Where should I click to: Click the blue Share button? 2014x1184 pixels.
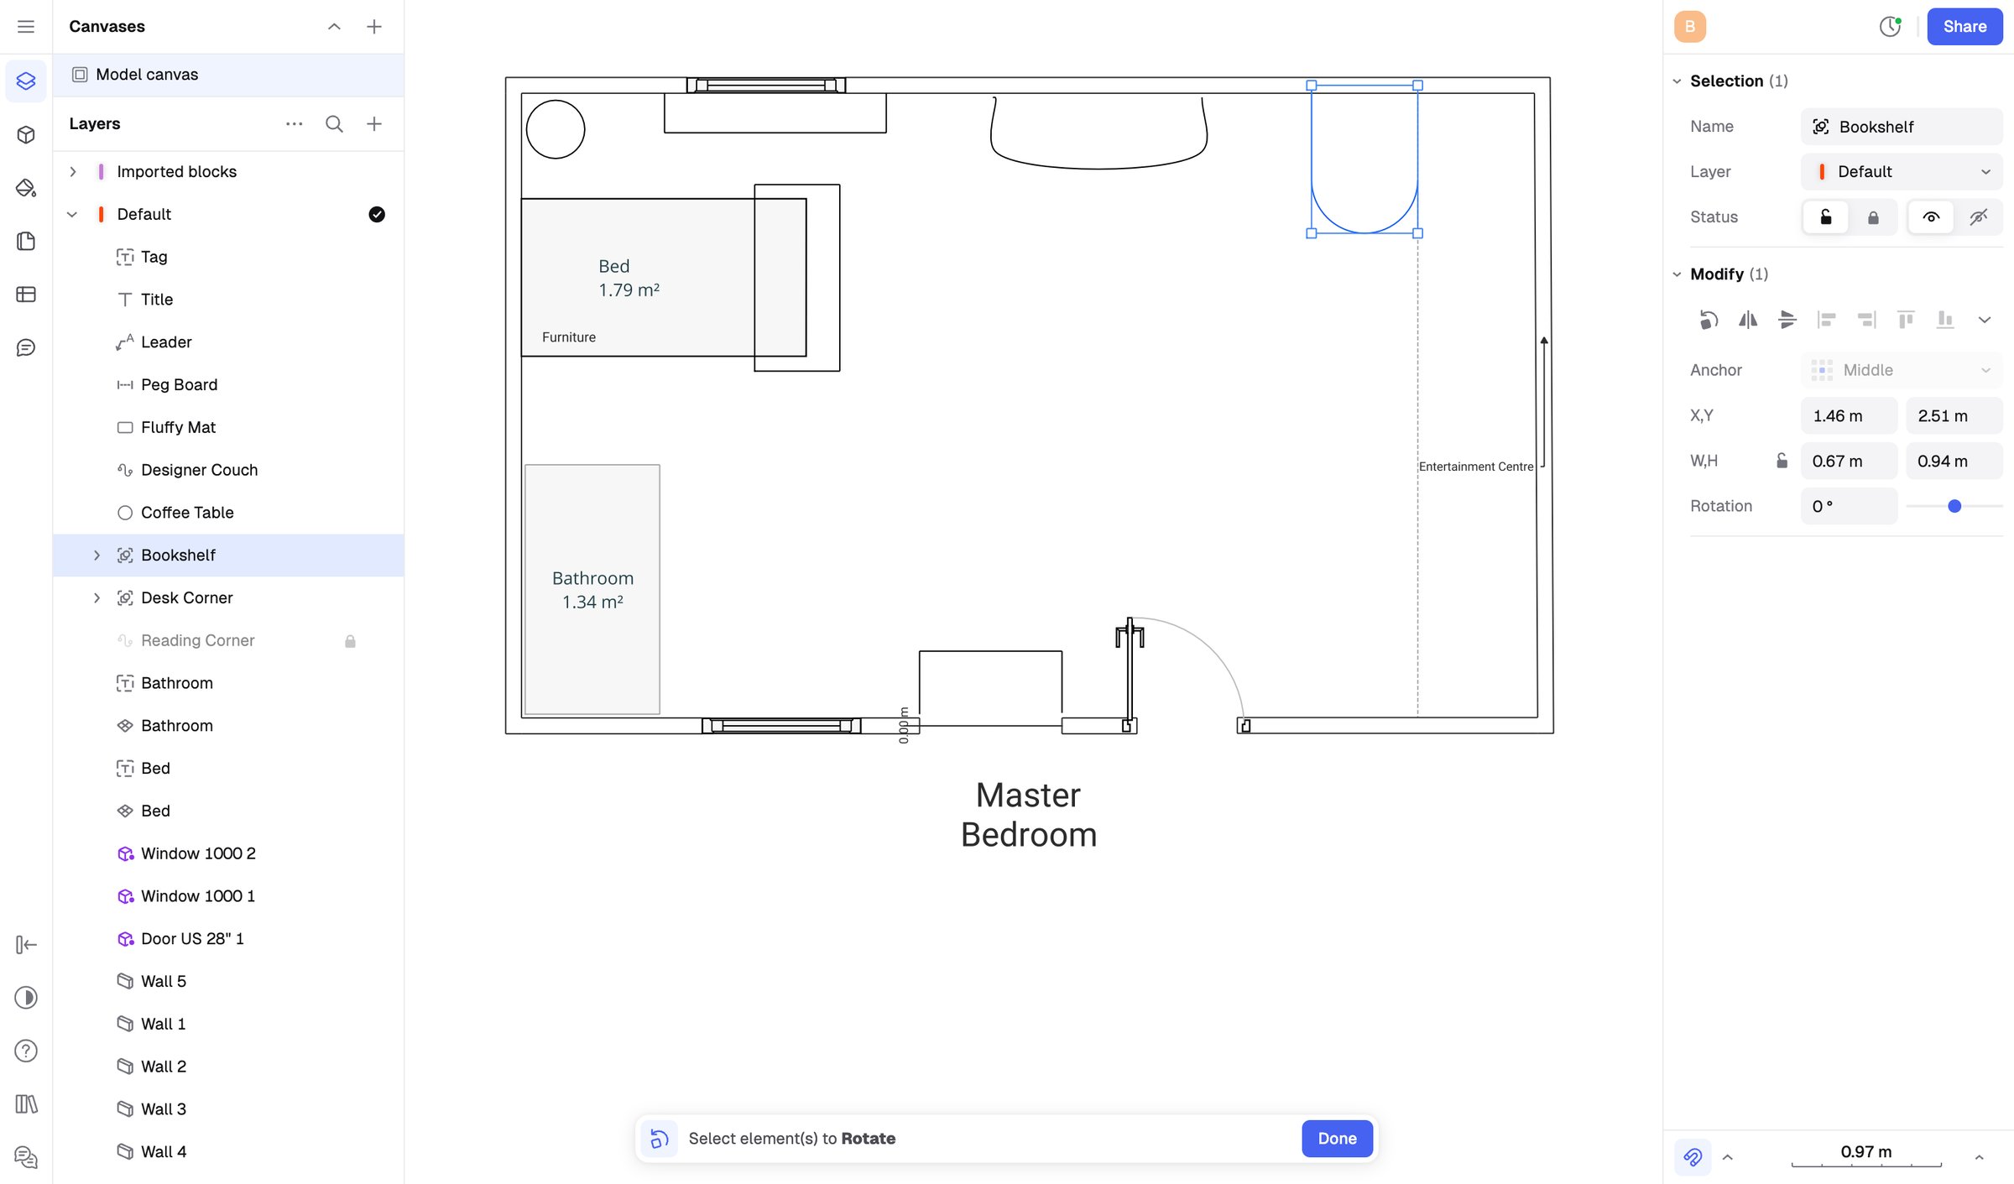tap(1964, 26)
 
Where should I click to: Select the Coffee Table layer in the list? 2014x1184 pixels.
tap(186, 512)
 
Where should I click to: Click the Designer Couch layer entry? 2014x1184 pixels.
tap(199, 470)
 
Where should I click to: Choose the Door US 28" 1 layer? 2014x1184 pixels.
tap(192, 938)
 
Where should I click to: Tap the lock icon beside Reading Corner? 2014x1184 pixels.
tap(350, 641)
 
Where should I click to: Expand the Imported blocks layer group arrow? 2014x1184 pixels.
tap(73, 171)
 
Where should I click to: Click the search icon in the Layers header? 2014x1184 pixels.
tap(334, 124)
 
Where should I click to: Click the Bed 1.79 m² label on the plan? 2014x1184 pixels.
tap(629, 278)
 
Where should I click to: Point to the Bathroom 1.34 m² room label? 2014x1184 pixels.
tap(592, 590)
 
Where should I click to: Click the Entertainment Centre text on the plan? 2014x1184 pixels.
tap(1475, 467)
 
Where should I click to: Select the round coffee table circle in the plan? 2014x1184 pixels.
tap(556, 101)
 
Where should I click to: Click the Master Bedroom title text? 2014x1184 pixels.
tap(1029, 815)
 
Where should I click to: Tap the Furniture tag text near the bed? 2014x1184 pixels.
tap(569, 337)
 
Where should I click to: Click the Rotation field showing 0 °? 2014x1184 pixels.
tap(1849, 506)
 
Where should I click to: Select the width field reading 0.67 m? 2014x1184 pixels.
tap(1849, 461)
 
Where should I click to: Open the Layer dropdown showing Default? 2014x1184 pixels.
tap(1902, 171)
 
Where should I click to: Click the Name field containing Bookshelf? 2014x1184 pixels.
tap(1902, 127)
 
